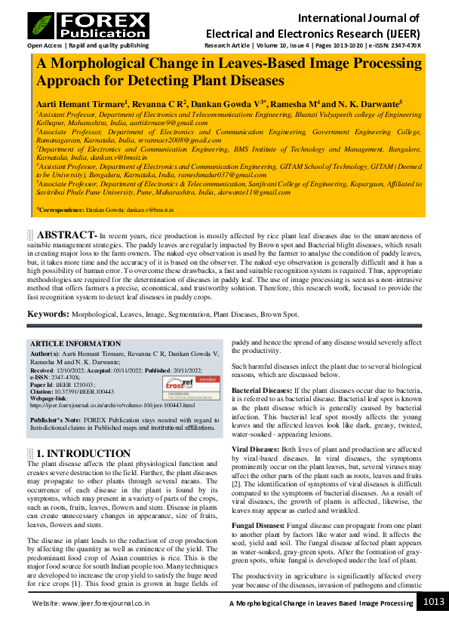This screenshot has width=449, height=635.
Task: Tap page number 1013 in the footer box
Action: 432,601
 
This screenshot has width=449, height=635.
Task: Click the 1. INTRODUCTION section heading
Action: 84,453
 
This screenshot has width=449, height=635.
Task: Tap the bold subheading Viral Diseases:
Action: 254,449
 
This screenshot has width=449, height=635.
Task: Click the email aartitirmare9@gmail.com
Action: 170,122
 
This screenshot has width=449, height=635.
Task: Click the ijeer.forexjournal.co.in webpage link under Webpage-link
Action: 112,405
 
